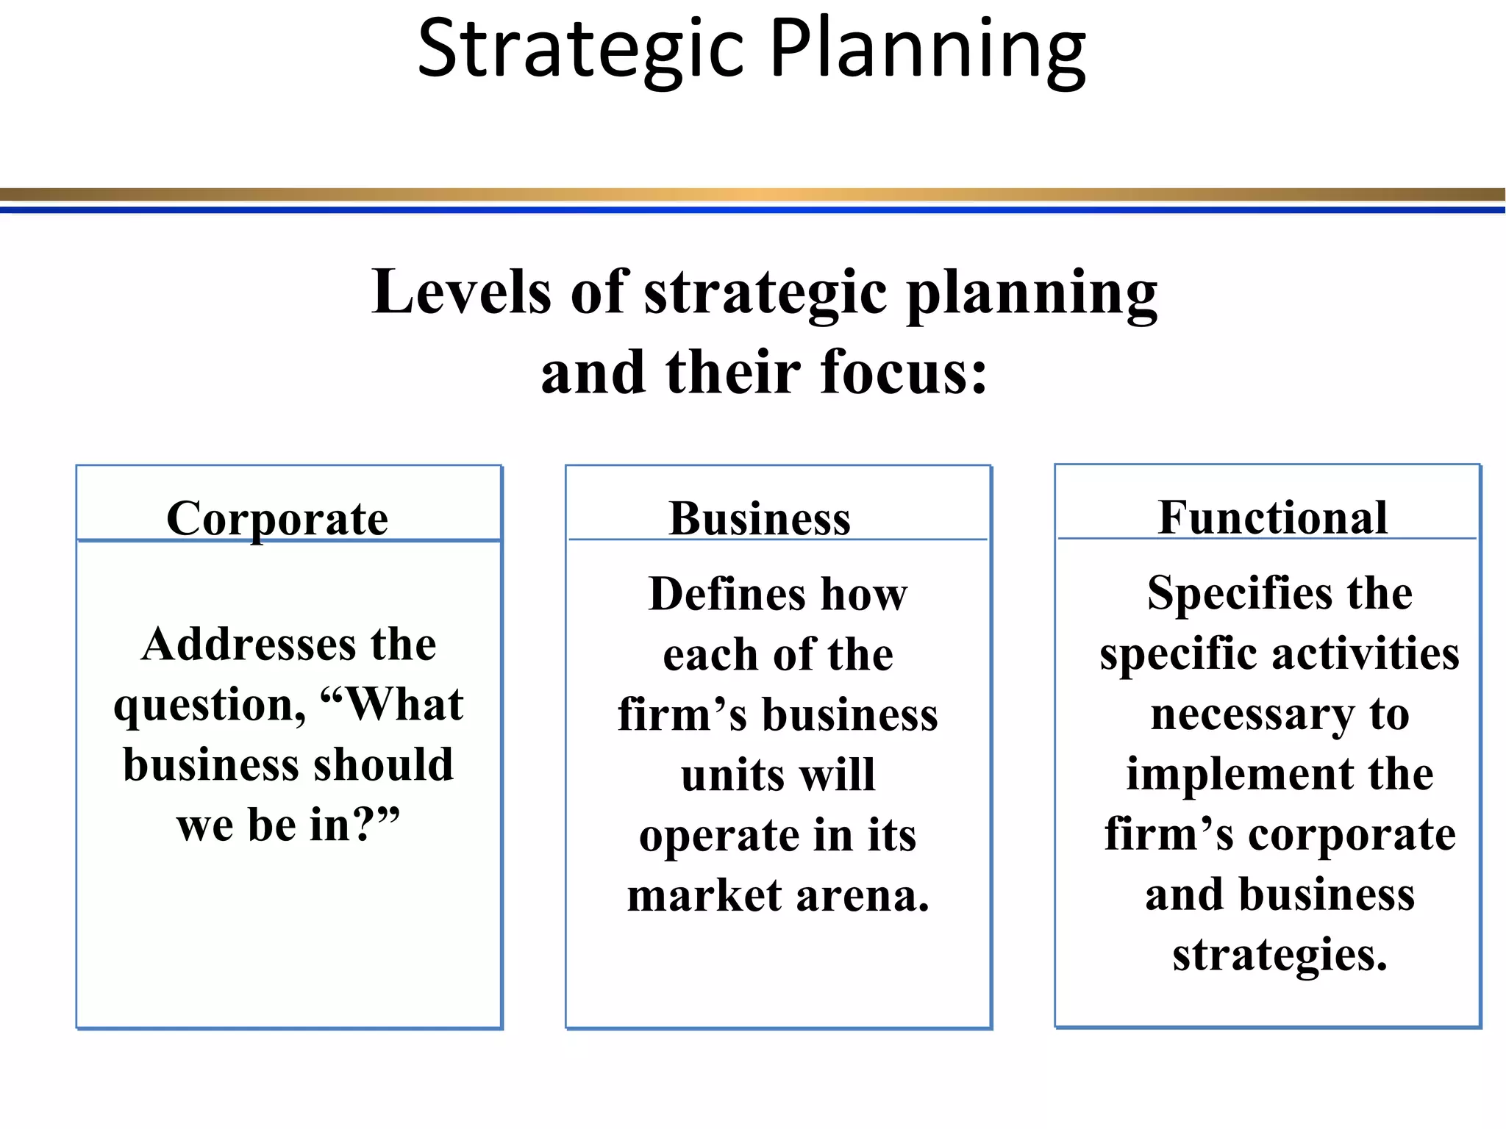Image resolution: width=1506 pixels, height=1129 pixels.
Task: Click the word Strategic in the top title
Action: [581, 50]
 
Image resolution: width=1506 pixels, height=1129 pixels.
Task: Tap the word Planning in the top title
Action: [927, 50]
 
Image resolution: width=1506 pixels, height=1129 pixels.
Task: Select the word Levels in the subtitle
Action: [461, 292]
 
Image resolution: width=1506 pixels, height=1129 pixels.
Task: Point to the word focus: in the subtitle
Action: [904, 372]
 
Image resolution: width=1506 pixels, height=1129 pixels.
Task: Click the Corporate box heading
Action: [277, 519]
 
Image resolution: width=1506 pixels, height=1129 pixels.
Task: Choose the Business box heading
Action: [760, 519]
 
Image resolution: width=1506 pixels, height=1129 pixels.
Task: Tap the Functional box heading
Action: [1273, 517]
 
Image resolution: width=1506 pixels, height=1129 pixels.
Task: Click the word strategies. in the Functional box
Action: [1280, 956]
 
